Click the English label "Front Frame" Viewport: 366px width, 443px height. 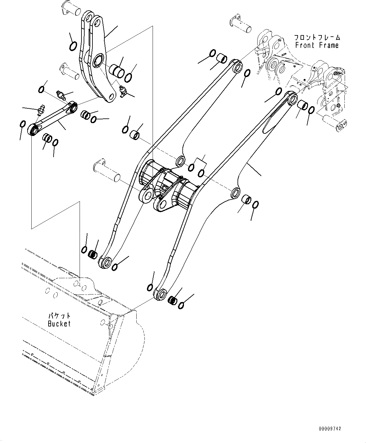[x=317, y=45]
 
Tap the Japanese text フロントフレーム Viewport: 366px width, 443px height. [x=317, y=38]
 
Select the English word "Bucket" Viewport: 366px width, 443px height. [x=59, y=324]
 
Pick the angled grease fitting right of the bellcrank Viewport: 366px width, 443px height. [x=124, y=91]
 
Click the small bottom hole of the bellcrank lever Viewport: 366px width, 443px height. [x=110, y=97]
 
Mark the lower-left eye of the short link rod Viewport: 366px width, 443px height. [x=33, y=129]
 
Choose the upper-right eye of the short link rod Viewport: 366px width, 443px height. [x=74, y=108]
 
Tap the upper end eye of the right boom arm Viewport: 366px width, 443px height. [x=292, y=99]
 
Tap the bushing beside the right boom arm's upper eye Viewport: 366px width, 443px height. [x=302, y=106]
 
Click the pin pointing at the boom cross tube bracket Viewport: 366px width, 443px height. [x=107, y=169]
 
